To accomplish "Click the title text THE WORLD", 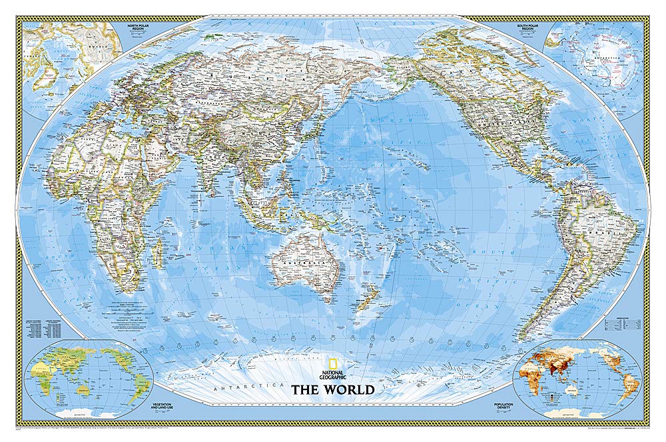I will tap(332, 389).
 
